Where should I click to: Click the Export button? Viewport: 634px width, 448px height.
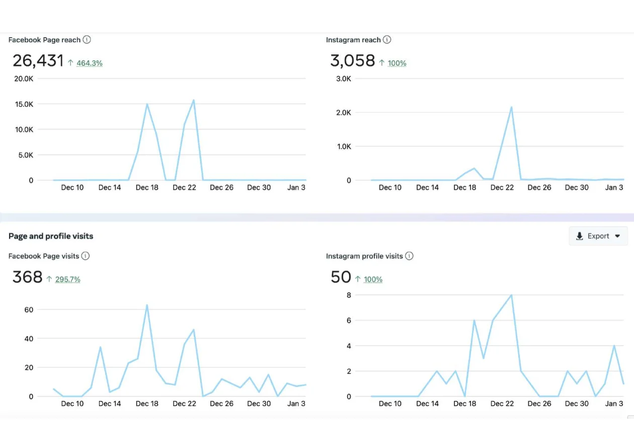pyautogui.click(x=598, y=236)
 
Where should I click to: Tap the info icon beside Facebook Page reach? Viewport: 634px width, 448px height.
pyautogui.click(x=87, y=40)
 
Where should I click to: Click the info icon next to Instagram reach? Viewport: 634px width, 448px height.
pyautogui.click(x=386, y=40)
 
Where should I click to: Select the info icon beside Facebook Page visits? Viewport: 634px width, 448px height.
pyautogui.click(x=86, y=256)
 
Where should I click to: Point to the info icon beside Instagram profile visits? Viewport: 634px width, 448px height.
pyautogui.click(x=409, y=256)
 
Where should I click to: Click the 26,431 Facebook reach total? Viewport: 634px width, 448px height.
pyautogui.click(x=38, y=61)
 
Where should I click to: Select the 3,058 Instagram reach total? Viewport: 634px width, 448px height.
pyautogui.click(x=352, y=61)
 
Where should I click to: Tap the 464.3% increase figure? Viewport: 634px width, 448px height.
pyautogui.click(x=89, y=63)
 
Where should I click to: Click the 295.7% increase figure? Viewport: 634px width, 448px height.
pyautogui.click(x=67, y=279)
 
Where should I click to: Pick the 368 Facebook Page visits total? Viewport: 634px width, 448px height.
pyautogui.click(x=27, y=277)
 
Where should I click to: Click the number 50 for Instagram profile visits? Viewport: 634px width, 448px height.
pyautogui.click(x=341, y=277)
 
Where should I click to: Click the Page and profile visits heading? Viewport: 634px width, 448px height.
pyautogui.click(x=51, y=236)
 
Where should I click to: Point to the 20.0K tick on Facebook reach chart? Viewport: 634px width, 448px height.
pyautogui.click(x=24, y=79)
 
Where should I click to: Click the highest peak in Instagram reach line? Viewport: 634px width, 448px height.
pyautogui.click(x=511, y=107)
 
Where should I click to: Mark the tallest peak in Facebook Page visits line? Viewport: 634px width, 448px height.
pyautogui.click(x=147, y=305)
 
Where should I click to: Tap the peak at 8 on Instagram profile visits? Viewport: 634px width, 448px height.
pyautogui.click(x=511, y=295)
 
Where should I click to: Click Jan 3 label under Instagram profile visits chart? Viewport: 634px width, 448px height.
pyautogui.click(x=614, y=404)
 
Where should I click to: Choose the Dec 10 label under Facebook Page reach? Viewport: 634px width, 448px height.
pyautogui.click(x=72, y=187)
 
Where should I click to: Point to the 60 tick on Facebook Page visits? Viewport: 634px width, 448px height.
pyautogui.click(x=28, y=310)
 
